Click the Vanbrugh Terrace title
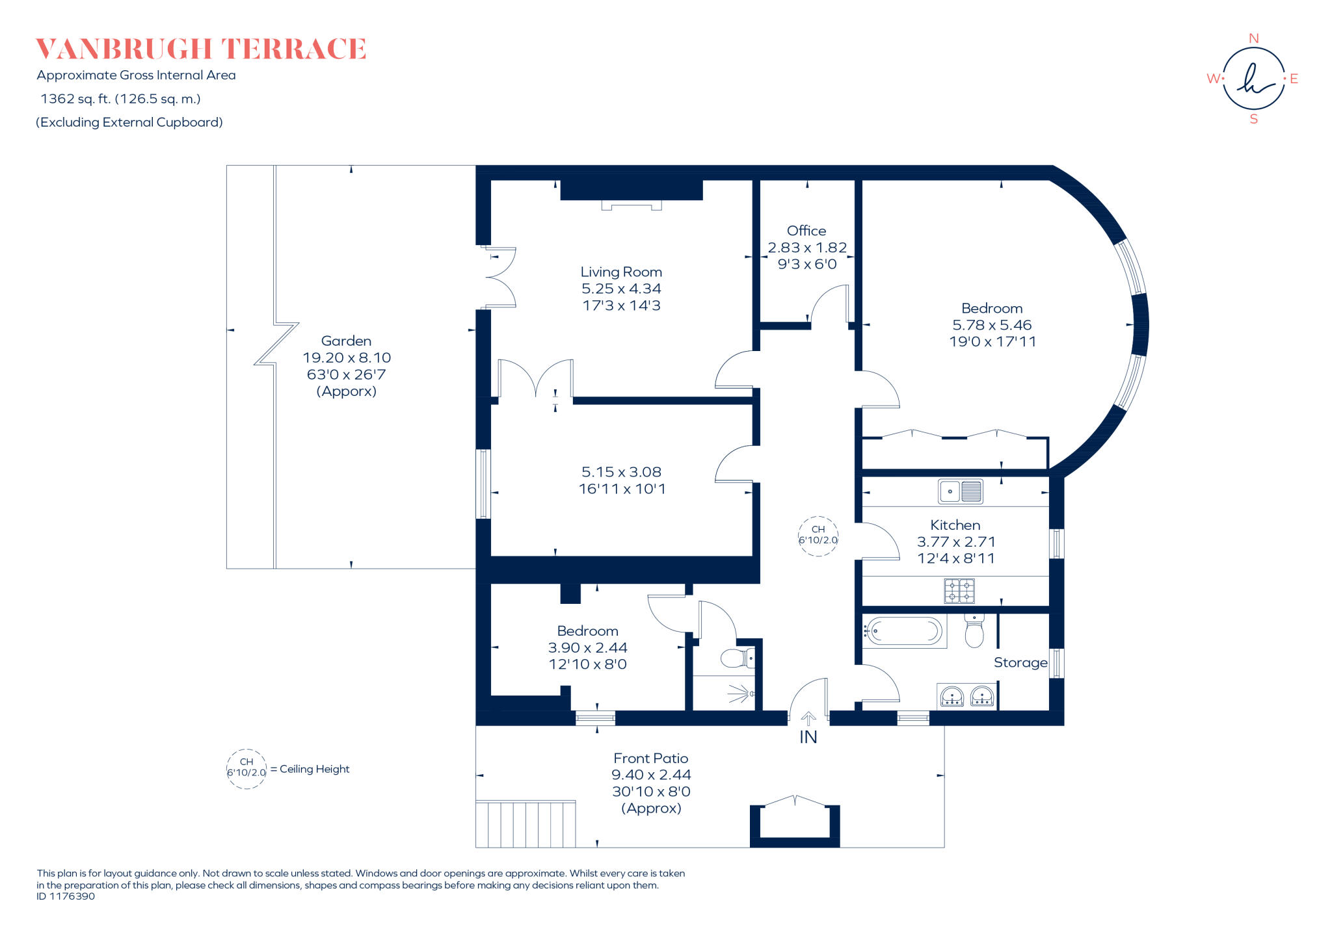coord(201,49)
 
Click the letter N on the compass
coord(1253,38)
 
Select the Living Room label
coord(621,272)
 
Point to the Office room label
coord(806,231)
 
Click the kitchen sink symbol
coord(961,491)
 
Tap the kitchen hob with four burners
coord(959,591)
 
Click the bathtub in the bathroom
coord(904,631)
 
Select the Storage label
coord(1020,662)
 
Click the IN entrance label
coord(808,737)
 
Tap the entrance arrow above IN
coord(808,719)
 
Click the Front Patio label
coord(650,758)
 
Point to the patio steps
coord(526,824)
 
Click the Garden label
coord(346,341)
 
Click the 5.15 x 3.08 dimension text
coord(621,472)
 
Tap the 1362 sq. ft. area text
coord(120,99)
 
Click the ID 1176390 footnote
coord(66,896)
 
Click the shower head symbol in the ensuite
coord(741,694)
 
